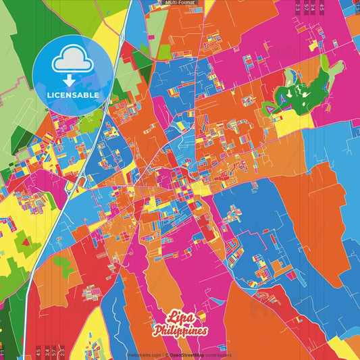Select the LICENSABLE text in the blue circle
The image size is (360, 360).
(74, 95)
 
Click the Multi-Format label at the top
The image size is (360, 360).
(180, 3)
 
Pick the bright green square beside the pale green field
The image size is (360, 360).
(163, 51)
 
